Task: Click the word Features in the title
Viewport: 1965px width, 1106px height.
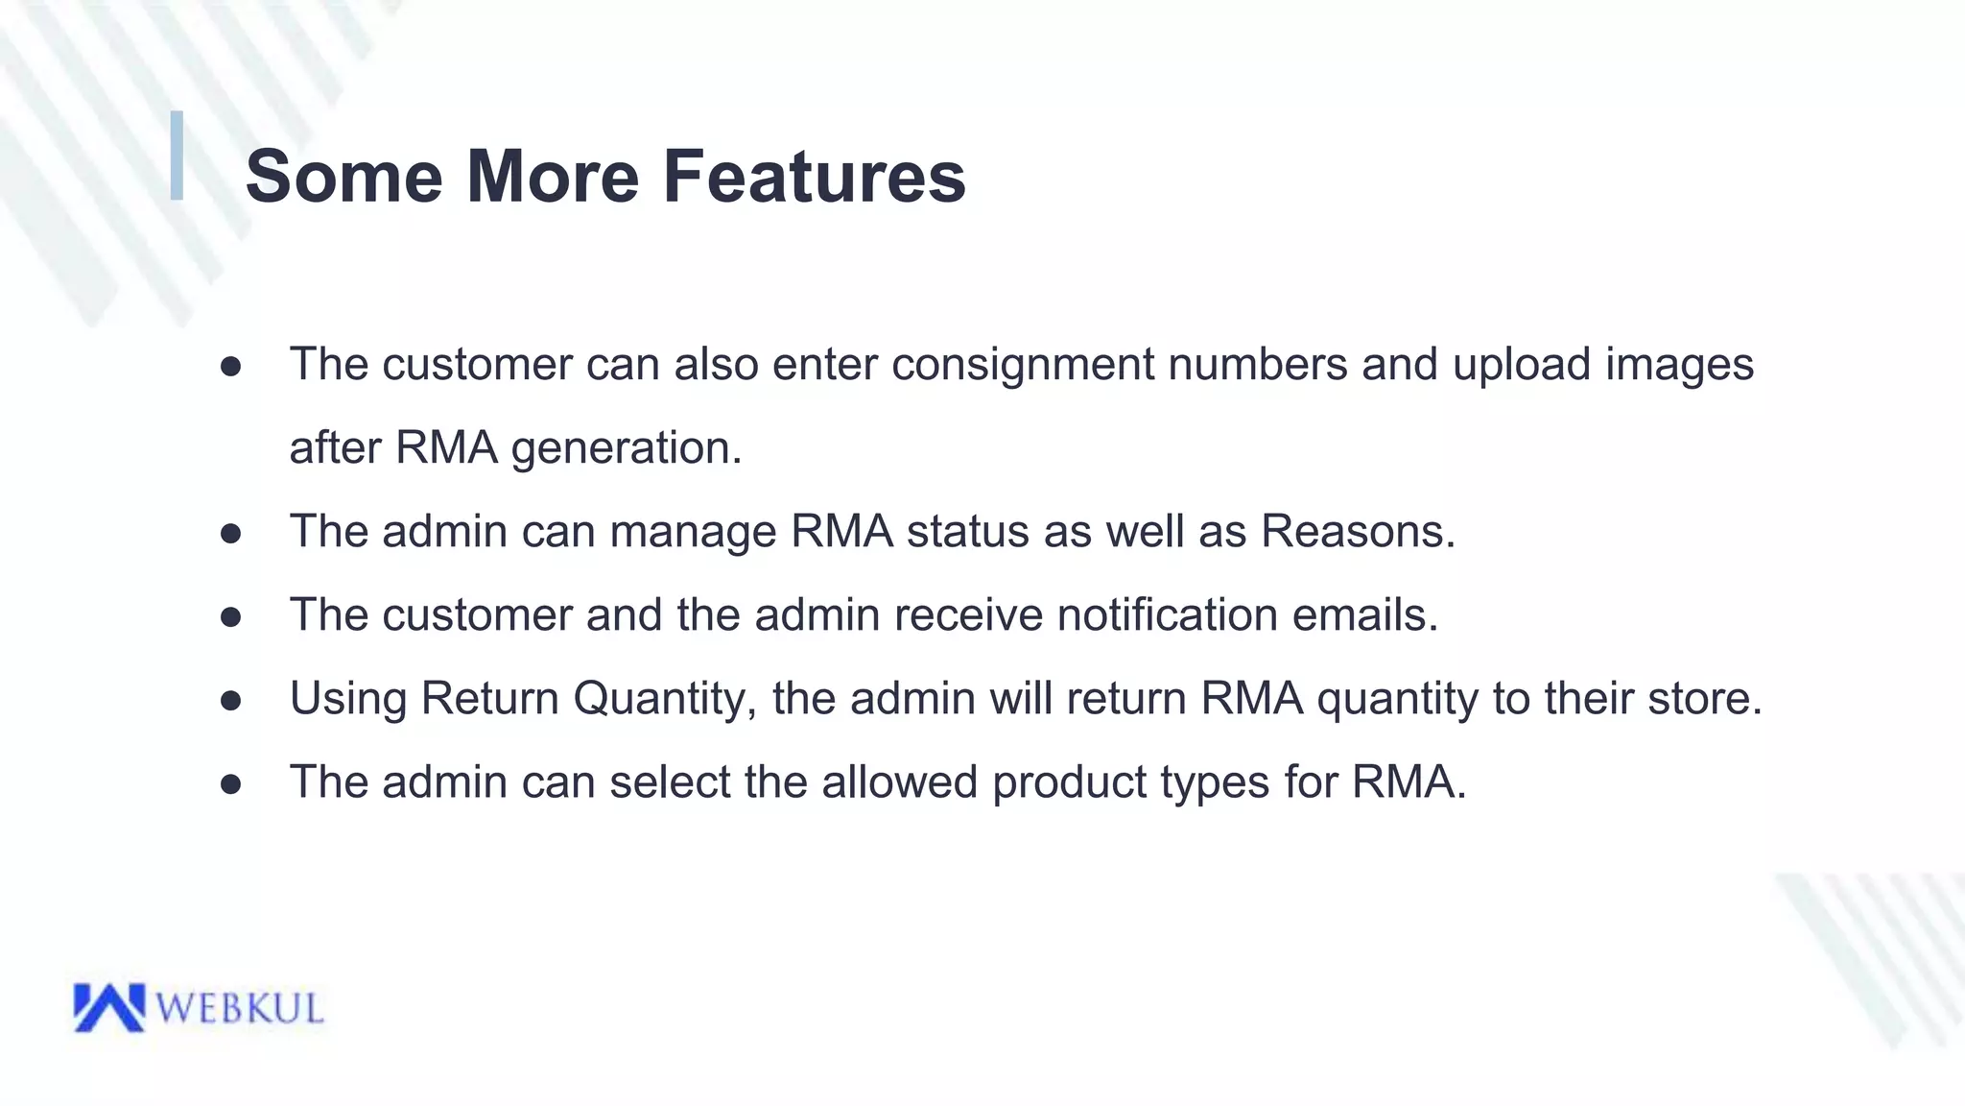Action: tap(814, 177)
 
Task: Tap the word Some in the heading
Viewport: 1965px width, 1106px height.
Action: tap(343, 177)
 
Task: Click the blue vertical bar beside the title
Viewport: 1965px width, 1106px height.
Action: tap(177, 156)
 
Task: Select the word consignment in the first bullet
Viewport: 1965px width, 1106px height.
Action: tap(1023, 366)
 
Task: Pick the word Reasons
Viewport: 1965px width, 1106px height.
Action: tap(1357, 531)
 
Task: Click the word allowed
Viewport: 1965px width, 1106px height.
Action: tap(899, 781)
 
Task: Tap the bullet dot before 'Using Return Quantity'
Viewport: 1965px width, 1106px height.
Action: tap(230, 701)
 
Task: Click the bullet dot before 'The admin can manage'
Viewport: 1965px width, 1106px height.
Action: tap(230, 534)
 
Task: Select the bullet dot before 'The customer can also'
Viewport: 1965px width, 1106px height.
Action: tap(230, 367)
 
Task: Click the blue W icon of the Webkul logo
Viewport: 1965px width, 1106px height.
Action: tap(108, 1007)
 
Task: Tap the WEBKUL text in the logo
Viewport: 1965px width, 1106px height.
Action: tap(239, 1009)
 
